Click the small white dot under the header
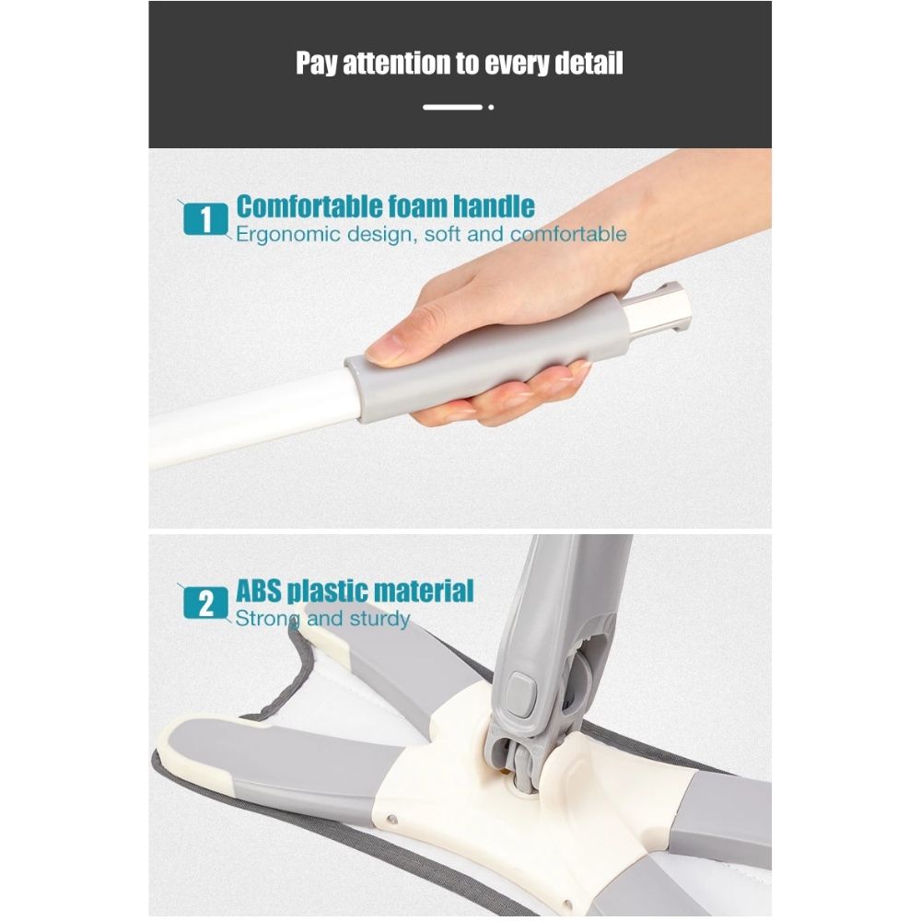coord(491,107)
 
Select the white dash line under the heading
coord(452,107)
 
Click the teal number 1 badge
coord(205,219)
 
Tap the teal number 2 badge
coord(205,603)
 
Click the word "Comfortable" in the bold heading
coord(309,206)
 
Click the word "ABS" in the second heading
coord(259,590)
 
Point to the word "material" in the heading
coord(424,590)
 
